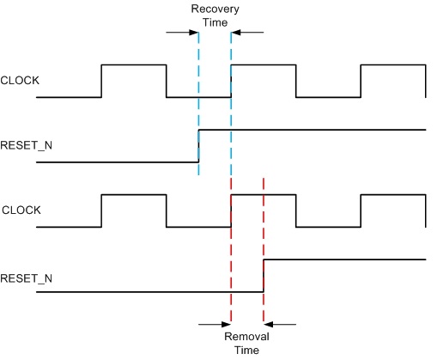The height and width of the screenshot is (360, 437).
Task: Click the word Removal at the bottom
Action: coord(247,337)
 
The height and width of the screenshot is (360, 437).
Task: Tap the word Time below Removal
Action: coord(247,350)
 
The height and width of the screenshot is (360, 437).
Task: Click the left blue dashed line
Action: coord(198,103)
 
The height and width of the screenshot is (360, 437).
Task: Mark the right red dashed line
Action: coord(263,215)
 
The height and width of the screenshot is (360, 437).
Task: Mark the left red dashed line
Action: coord(231,258)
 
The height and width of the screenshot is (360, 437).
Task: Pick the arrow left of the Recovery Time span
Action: coord(181,33)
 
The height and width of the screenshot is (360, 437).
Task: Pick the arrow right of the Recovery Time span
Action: coord(248,33)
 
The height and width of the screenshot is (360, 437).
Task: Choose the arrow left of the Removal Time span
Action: coord(214,324)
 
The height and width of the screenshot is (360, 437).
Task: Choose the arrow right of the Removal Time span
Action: coord(280,324)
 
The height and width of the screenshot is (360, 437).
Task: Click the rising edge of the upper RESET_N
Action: coord(198,146)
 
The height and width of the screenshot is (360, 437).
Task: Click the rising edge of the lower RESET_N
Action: coord(263,275)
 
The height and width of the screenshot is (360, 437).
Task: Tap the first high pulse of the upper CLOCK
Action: coord(134,65)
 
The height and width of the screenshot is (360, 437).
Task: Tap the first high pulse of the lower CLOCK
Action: coord(134,195)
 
